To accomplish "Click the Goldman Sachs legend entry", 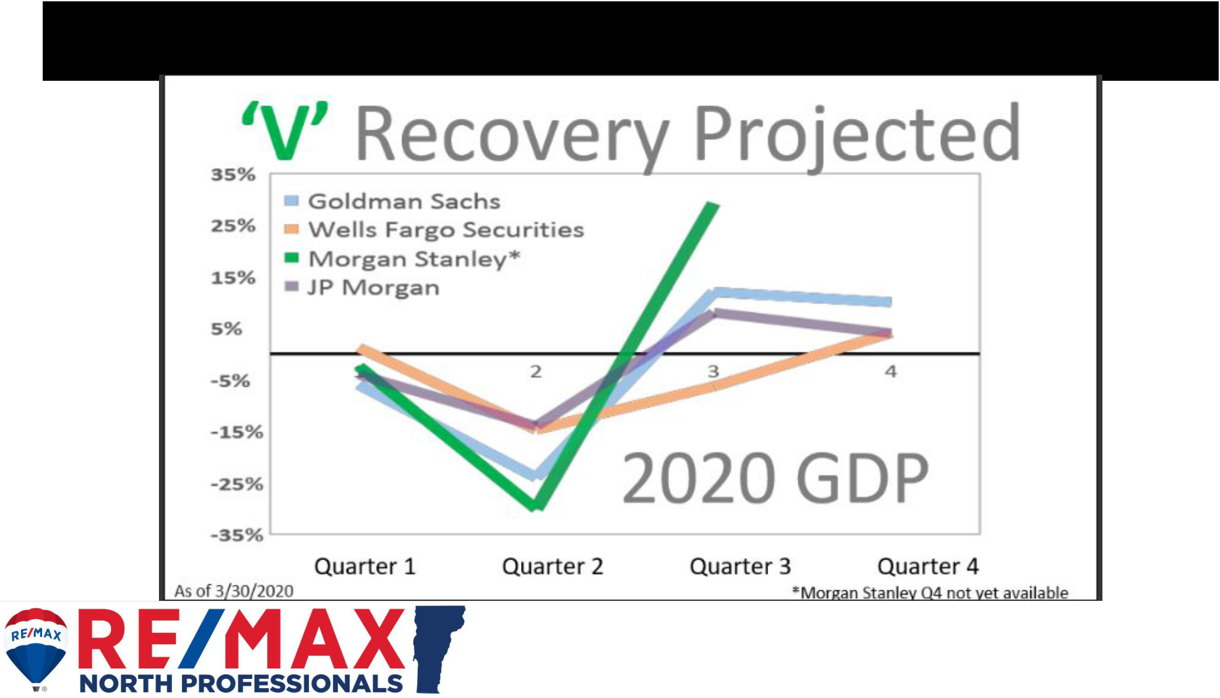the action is click(392, 201).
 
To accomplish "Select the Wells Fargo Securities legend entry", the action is click(434, 230).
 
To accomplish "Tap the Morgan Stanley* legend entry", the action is click(402, 259).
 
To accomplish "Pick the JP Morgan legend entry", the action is click(362, 288).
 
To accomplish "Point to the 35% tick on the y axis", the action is click(233, 175).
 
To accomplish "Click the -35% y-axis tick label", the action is click(237, 535).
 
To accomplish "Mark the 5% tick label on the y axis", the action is click(227, 329).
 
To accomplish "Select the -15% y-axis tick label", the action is click(237, 432).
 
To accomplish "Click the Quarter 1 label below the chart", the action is click(365, 566).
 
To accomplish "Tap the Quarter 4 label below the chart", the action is click(928, 566).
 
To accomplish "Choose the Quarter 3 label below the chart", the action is click(740, 566).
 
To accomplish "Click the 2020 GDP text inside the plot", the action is click(775, 477).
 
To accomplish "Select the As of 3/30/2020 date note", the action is click(234, 591).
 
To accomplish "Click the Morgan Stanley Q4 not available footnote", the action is click(930, 592).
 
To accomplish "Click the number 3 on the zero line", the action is click(713, 372).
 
